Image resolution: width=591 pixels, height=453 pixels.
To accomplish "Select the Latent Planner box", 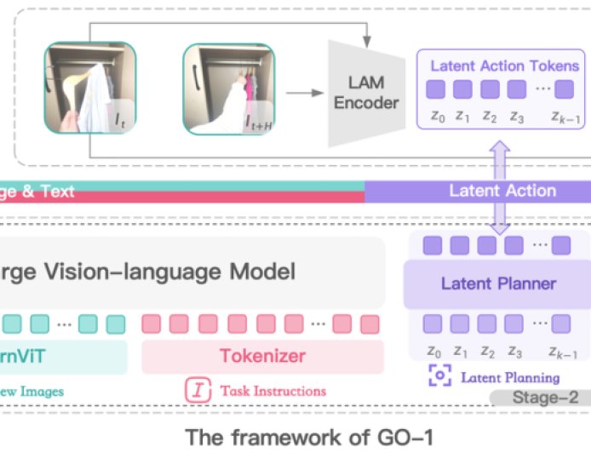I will [498, 284].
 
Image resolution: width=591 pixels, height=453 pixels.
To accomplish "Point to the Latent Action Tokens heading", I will [504, 66].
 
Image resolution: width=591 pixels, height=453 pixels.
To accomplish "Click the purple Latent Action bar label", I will [502, 191].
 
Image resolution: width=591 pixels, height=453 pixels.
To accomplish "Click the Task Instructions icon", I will [198, 391].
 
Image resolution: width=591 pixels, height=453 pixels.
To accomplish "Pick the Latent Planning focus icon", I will [439, 376].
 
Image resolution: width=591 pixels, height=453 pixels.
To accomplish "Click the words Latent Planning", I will [510, 377].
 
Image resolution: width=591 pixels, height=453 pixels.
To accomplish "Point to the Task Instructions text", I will [273, 391].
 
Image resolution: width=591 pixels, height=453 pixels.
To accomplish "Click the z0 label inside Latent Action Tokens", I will [435, 116].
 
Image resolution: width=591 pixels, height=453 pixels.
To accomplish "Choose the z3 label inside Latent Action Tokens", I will [516, 116].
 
